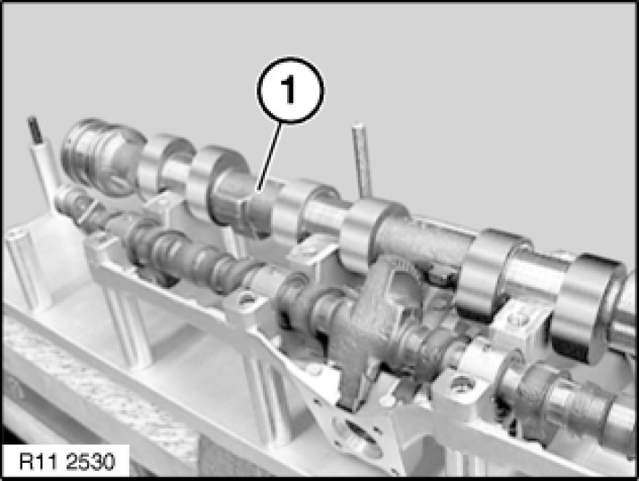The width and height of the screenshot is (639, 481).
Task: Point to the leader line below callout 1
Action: point(269,157)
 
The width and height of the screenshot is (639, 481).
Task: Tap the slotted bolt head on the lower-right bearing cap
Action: point(462,383)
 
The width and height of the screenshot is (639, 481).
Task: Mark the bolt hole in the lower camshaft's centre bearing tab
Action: point(246,300)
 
